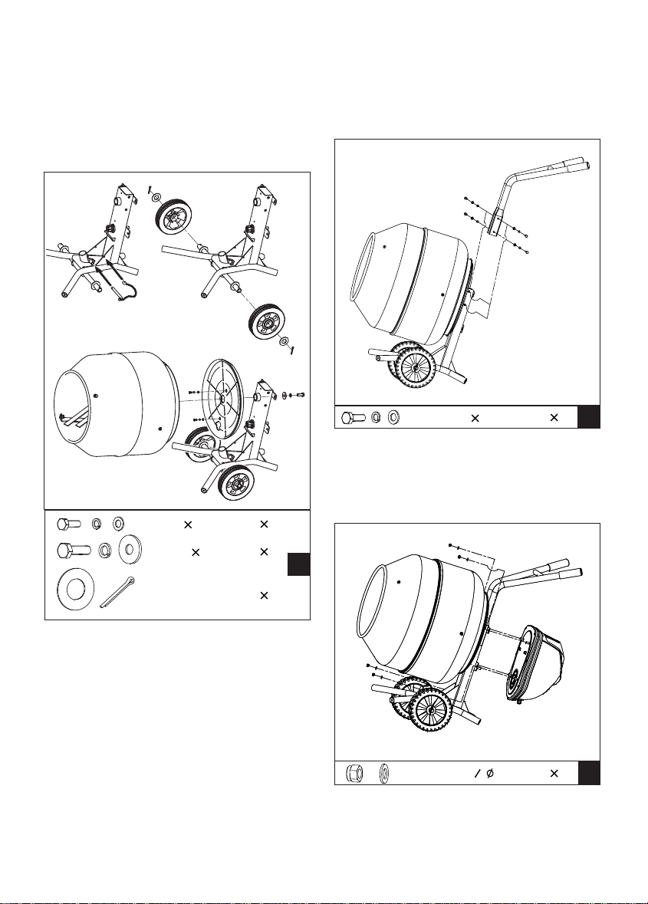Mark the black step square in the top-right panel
click(588, 417)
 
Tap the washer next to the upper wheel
click(156, 197)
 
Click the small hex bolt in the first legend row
click(68, 524)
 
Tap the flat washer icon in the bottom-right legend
click(383, 772)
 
